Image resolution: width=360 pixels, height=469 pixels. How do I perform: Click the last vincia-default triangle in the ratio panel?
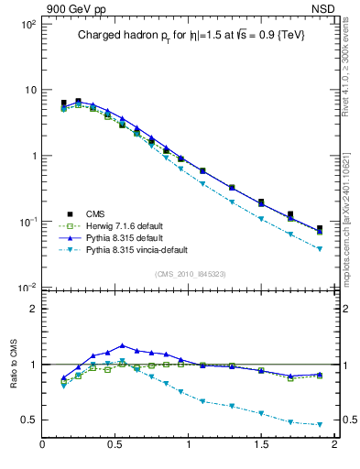coord(320,424)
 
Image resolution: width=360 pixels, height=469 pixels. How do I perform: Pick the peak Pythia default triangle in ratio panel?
coord(122,345)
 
